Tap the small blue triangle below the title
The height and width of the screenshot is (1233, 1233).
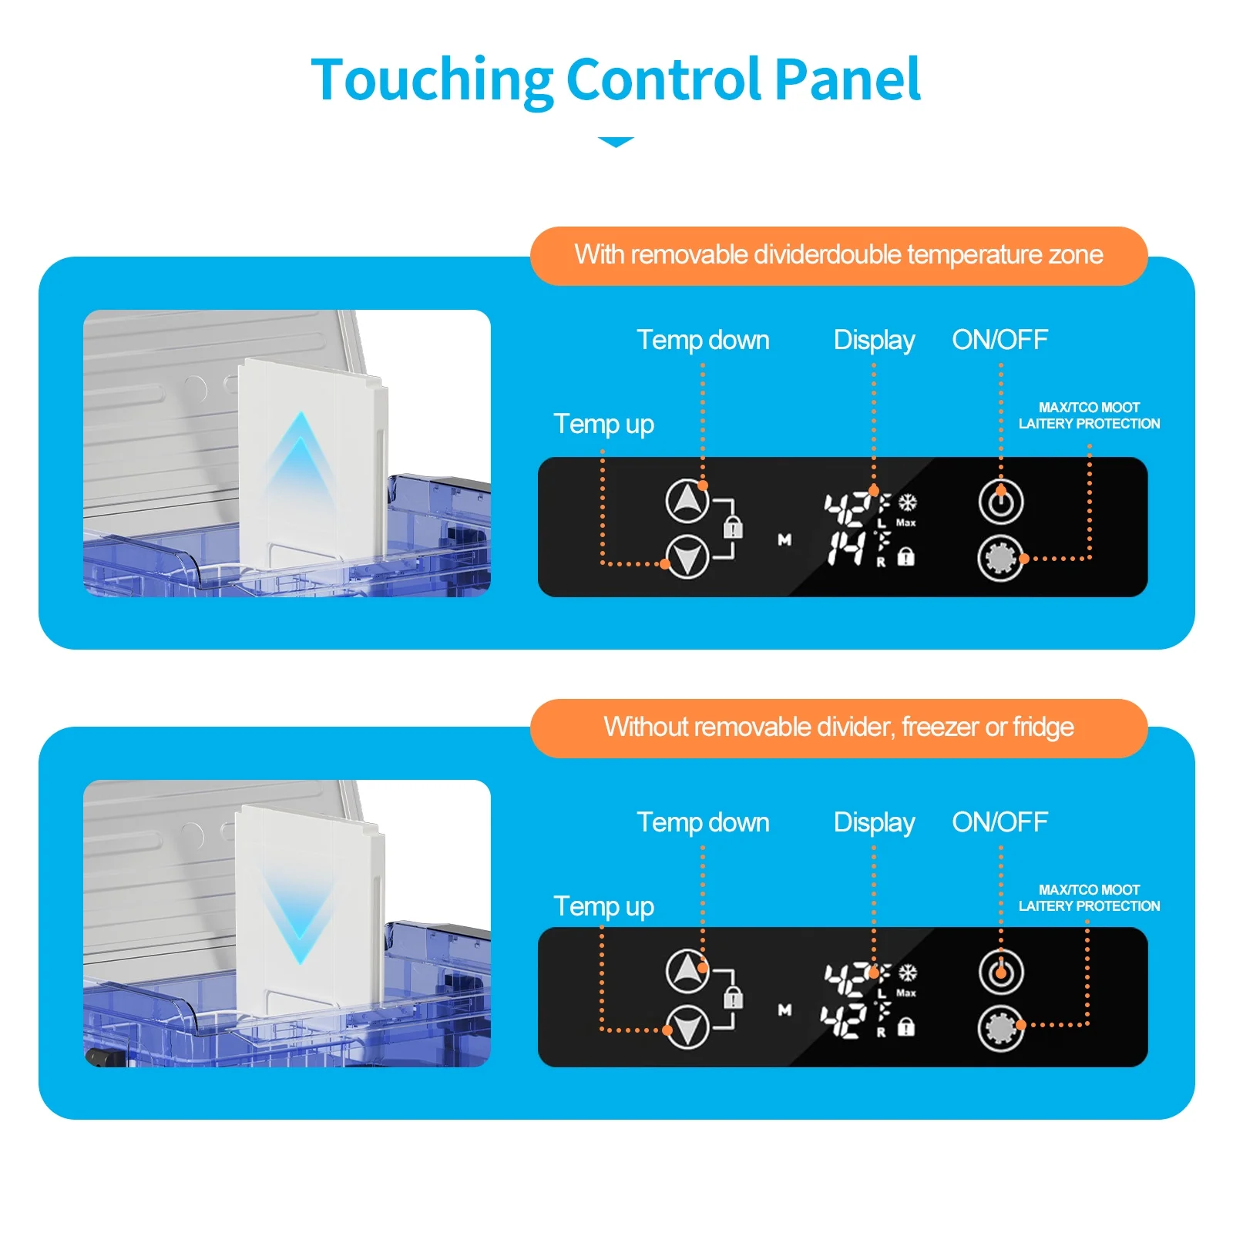click(616, 142)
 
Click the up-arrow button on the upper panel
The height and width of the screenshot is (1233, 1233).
click(687, 501)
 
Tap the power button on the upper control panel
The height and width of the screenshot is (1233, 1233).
click(1000, 502)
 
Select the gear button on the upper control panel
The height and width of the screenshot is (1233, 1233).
click(1000, 558)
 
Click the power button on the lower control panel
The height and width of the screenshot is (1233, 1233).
click(1000, 973)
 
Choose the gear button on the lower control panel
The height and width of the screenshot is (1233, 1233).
click(1000, 1028)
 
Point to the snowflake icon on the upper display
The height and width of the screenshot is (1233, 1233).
click(908, 502)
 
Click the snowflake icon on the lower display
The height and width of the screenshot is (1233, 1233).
click(908, 973)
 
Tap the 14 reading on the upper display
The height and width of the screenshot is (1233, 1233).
click(846, 549)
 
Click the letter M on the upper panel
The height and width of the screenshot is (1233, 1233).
click(784, 540)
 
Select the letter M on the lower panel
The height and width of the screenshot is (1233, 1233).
click(784, 1010)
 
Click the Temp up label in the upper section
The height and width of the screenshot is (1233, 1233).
click(603, 424)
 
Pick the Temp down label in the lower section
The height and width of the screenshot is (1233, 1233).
click(703, 822)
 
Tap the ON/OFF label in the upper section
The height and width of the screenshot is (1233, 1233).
click(1000, 340)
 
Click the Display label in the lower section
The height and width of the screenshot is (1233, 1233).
click(874, 822)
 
